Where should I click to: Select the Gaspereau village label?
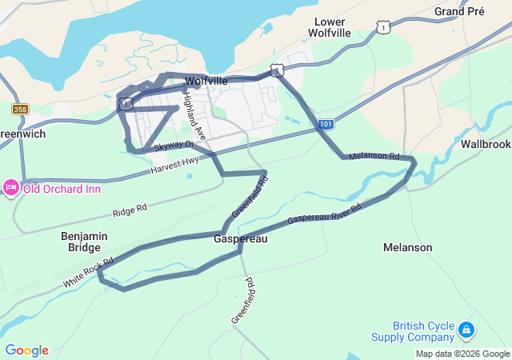point(240,239)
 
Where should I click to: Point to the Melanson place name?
point(407,248)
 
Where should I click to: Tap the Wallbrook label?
point(486,144)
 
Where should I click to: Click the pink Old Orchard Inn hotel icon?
point(11,188)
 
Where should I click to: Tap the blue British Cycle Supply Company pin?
point(466,329)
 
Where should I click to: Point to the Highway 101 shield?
point(325,125)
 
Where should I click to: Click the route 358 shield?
point(21,109)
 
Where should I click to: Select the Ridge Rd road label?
point(130,210)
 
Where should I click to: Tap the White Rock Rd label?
point(88,274)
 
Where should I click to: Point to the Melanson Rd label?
point(374,155)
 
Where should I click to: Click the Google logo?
point(26,350)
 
